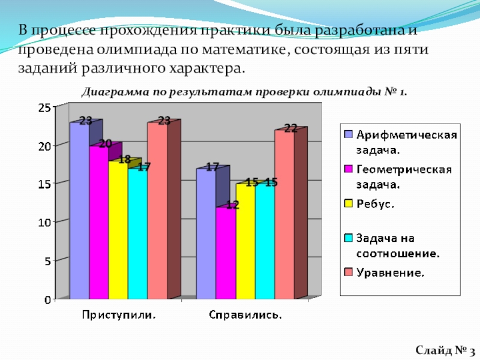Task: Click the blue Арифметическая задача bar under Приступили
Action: pyautogui.click(x=79, y=210)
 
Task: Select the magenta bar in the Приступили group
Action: pyautogui.click(x=98, y=222)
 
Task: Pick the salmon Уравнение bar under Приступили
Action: pyautogui.click(x=157, y=210)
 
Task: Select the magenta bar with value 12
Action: pyautogui.click(x=226, y=252)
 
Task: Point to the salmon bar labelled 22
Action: pyautogui.click(x=284, y=213)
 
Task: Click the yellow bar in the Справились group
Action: pyautogui.click(x=245, y=240)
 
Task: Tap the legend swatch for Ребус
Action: pyautogui.click(x=347, y=204)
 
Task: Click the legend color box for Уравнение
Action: pyautogui.click(x=347, y=272)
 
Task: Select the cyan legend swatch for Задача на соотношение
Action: pyautogui.click(x=347, y=238)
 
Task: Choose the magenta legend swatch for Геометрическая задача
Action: pyautogui.click(x=347, y=169)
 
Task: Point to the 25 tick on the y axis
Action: pyautogui.click(x=44, y=107)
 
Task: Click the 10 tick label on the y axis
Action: pyautogui.click(x=44, y=222)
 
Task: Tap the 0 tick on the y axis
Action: pyautogui.click(x=47, y=299)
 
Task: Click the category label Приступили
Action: pyautogui.click(x=119, y=314)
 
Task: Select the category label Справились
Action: pyautogui.click(x=246, y=314)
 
